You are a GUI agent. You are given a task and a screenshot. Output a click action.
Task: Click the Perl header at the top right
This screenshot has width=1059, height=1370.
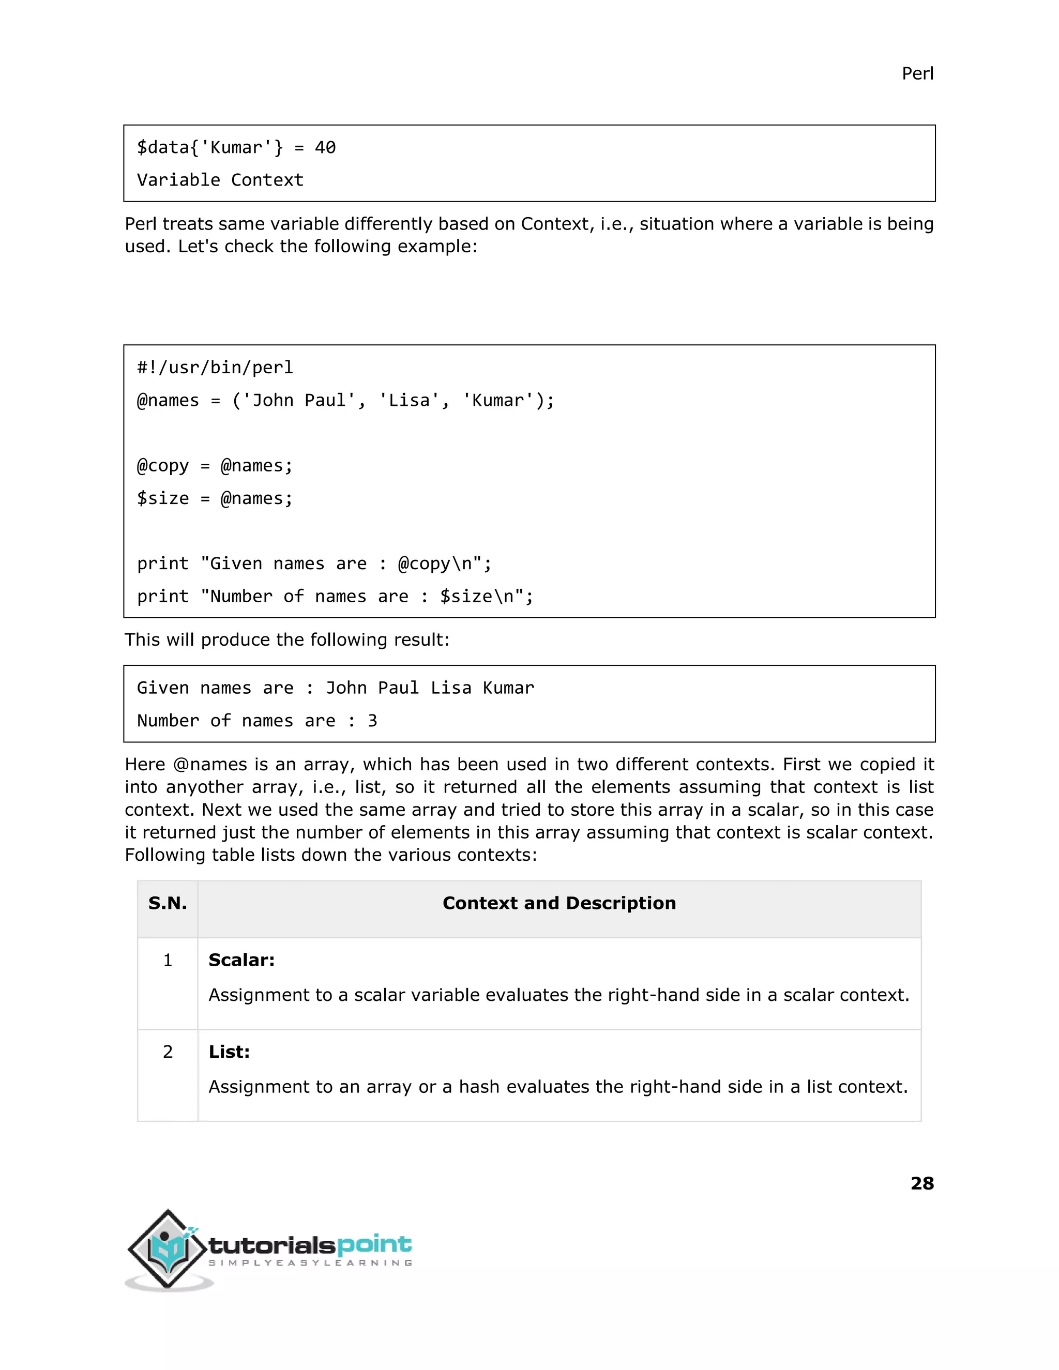[x=917, y=74]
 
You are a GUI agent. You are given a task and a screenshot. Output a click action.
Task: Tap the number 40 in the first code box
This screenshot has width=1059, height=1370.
[x=325, y=147]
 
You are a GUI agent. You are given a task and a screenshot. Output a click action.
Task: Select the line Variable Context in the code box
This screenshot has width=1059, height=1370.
[x=220, y=180]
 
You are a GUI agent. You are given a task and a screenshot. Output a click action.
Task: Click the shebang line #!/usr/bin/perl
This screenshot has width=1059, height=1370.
[x=215, y=368]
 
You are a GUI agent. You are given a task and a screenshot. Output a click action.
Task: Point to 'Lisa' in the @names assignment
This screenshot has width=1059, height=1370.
[x=409, y=400]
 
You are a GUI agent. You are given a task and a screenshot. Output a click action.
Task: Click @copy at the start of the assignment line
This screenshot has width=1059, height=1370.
[x=162, y=465]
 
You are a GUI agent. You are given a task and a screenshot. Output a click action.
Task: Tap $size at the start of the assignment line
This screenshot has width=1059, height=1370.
[x=162, y=498]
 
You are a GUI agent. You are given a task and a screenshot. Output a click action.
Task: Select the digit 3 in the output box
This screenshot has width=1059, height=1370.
[x=373, y=721]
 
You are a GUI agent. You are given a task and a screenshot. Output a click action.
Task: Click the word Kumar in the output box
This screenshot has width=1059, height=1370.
[x=508, y=688]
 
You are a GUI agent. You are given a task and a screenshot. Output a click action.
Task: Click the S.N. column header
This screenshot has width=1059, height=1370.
[x=168, y=903]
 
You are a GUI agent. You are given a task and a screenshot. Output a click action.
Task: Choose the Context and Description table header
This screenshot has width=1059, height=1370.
[x=559, y=903]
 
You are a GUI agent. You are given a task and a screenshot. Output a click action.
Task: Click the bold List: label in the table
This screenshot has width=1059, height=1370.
[x=229, y=1052]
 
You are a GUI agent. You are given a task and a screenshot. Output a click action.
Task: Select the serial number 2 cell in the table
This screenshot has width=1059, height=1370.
[x=168, y=1052]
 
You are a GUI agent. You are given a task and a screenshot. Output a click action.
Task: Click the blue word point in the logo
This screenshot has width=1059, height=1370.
[x=374, y=1244]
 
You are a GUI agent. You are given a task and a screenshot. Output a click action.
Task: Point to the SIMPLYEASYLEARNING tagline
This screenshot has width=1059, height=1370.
[x=310, y=1263]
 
